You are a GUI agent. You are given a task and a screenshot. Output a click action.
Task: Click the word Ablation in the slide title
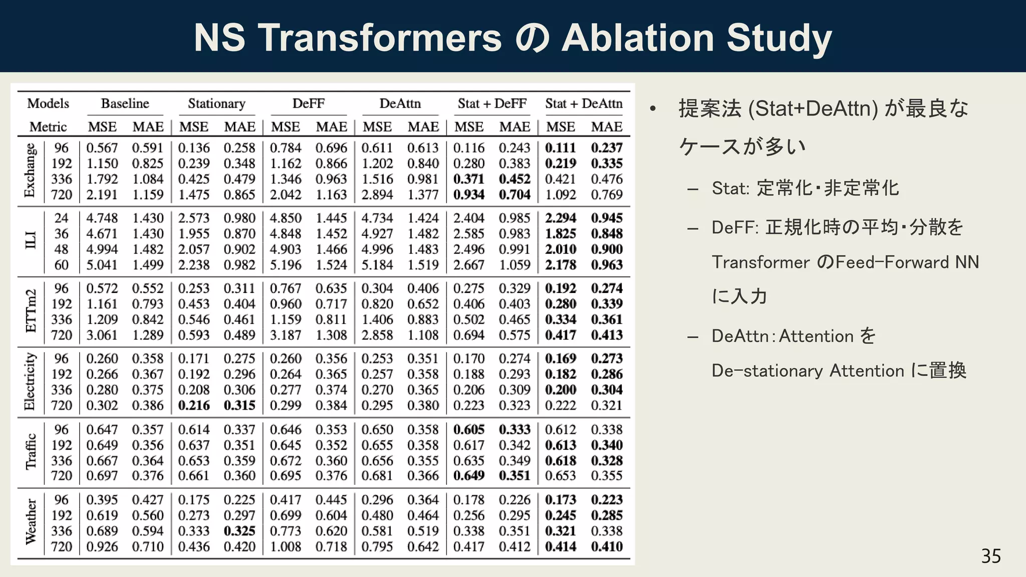pyautogui.click(x=638, y=38)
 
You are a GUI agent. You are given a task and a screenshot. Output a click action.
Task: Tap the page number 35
pyautogui.click(x=990, y=556)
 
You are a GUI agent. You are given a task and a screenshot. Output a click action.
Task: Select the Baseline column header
pyautogui.click(x=125, y=104)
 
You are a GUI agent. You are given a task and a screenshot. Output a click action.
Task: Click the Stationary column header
pyautogui.click(x=216, y=104)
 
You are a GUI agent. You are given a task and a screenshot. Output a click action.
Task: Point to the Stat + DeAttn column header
pyautogui.click(x=584, y=104)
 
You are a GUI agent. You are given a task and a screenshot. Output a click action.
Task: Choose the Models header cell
pyautogui.click(x=48, y=104)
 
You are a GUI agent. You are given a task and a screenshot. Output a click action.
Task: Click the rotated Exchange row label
pyautogui.click(x=30, y=170)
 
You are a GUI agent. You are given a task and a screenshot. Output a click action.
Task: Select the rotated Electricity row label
pyautogui.click(x=30, y=382)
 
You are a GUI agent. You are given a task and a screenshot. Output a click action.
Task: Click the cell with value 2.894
pyautogui.click(x=377, y=194)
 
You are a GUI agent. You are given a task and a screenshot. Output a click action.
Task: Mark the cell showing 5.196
pyautogui.click(x=286, y=264)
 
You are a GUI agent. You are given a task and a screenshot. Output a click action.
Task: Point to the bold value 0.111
pyautogui.click(x=561, y=148)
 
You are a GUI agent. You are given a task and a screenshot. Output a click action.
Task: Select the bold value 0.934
pyautogui.click(x=469, y=194)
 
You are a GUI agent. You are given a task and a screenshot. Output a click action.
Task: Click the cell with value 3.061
pyautogui.click(x=102, y=335)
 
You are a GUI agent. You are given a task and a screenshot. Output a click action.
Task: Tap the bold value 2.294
pyautogui.click(x=561, y=218)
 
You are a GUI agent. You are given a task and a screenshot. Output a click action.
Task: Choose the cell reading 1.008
pyautogui.click(x=286, y=546)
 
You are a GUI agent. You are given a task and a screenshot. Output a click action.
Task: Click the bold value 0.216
pyautogui.click(x=194, y=405)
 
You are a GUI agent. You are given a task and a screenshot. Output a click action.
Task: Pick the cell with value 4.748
pyautogui.click(x=102, y=218)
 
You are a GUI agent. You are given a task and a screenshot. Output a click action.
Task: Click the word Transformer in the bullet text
pyautogui.click(x=760, y=262)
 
